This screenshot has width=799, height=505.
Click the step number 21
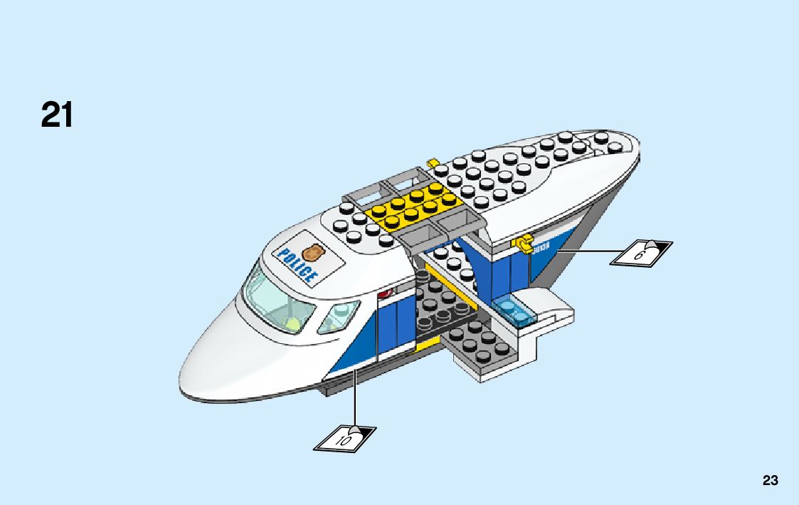pyautogui.click(x=57, y=115)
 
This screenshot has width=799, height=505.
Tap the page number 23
pyautogui.click(x=770, y=481)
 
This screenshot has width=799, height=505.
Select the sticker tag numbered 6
pyautogui.click(x=640, y=253)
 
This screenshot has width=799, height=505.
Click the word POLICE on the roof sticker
pyautogui.click(x=296, y=264)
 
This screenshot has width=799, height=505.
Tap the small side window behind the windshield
pyautogui.click(x=338, y=316)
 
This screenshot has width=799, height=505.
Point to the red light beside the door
pyautogui.click(x=386, y=293)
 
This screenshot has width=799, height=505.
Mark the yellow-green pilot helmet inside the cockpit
pyautogui.click(x=291, y=325)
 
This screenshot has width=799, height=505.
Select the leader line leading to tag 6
pyautogui.click(x=591, y=251)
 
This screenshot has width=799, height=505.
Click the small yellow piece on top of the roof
pyautogui.click(x=432, y=163)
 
